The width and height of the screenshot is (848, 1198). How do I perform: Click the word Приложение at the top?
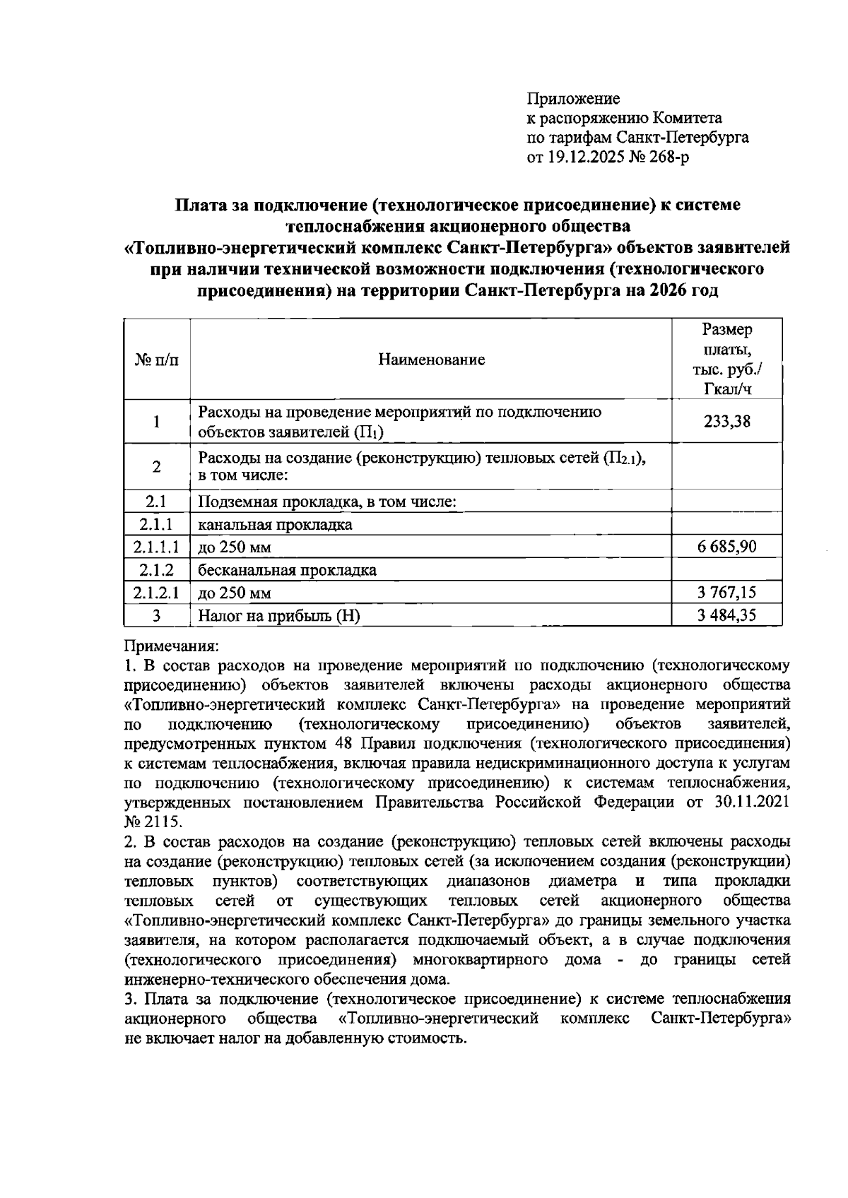click(573, 98)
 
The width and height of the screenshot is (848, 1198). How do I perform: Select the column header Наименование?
click(431, 360)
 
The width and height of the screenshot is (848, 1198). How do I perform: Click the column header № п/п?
click(156, 360)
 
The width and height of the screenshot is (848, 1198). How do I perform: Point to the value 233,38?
click(726, 422)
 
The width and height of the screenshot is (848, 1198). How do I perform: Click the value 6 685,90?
click(726, 547)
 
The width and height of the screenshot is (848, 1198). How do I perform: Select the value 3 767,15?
click(726, 592)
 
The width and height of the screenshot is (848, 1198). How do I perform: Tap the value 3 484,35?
click(726, 615)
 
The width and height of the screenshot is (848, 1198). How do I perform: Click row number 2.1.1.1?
click(156, 547)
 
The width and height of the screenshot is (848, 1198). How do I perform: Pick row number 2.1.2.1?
click(156, 592)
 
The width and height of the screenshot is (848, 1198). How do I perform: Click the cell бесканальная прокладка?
click(287, 569)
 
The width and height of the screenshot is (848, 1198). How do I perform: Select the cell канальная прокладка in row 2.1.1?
click(275, 525)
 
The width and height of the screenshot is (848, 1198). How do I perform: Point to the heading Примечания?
click(172, 646)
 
